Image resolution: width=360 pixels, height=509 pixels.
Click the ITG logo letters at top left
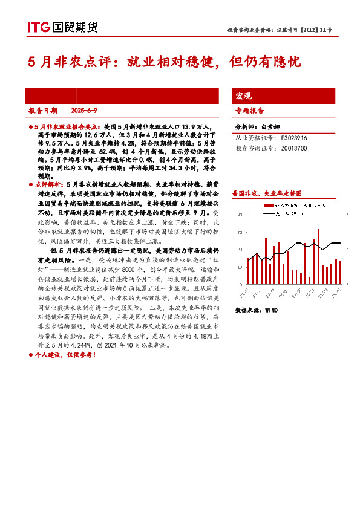38,27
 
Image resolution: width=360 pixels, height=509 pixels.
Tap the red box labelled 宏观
243,96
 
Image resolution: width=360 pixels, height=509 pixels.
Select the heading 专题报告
249,111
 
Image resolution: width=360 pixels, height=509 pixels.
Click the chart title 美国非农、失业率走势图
266,194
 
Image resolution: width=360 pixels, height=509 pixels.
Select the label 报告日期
43,111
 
